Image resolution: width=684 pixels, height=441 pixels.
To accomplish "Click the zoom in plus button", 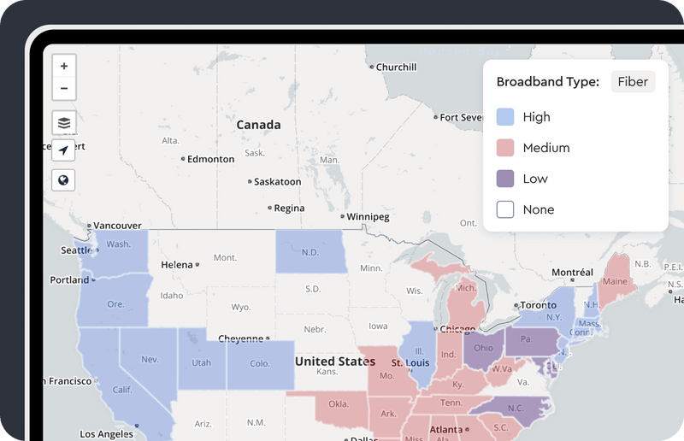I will (64, 66).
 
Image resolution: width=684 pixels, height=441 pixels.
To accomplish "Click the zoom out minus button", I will (64, 88).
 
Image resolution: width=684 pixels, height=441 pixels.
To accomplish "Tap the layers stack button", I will (64, 122).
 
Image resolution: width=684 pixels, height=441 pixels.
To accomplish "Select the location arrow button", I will (64, 150).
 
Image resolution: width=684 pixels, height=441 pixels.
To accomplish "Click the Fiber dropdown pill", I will (633, 82).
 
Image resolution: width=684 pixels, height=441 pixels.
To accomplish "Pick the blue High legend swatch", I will (505, 117).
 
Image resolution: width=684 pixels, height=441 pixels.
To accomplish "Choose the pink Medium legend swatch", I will (505, 148).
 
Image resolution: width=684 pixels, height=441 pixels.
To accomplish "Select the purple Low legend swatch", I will (505, 179).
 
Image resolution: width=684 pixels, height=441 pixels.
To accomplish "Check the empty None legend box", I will (505, 209).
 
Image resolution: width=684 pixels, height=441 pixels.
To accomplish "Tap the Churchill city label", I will (396, 67).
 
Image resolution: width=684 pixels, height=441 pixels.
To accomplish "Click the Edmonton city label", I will (210, 159).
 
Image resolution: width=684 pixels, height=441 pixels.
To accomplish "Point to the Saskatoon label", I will (277, 182).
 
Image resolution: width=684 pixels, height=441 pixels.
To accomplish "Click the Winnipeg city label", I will (369, 217).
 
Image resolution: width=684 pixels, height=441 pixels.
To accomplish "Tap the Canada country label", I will (258, 125).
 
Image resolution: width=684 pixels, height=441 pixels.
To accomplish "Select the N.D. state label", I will (310, 252).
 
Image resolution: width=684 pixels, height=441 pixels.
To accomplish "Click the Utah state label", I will (201, 362).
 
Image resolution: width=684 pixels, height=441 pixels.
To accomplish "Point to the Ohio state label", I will (483, 348).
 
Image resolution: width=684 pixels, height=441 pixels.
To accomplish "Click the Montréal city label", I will (572, 273).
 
